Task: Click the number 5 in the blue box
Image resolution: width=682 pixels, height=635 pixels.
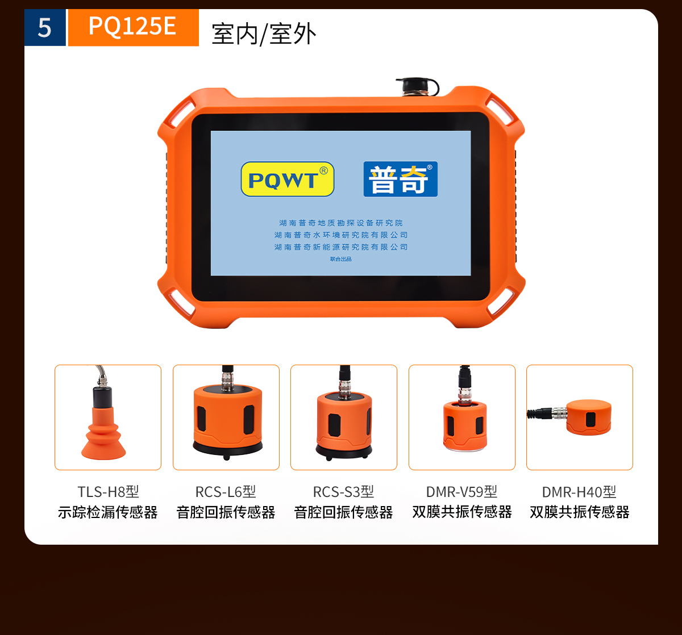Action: (45, 27)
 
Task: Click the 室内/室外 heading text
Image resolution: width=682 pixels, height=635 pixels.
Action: (264, 34)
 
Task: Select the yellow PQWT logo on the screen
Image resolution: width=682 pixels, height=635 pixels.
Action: (288, 179)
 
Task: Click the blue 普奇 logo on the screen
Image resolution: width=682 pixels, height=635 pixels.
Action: (401, 179)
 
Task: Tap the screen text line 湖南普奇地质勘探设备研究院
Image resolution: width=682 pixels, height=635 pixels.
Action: (340, 223)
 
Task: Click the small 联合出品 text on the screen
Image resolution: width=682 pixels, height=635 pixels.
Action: (340, 259)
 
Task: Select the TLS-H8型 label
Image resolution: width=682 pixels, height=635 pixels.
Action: (108, 491)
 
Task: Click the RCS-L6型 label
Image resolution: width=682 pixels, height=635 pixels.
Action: (226, 491)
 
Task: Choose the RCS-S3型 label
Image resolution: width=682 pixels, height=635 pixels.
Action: (343, 491)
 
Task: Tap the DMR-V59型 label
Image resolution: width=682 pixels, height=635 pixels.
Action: (461, 491)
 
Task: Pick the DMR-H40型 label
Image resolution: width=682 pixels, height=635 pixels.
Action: (579, 492)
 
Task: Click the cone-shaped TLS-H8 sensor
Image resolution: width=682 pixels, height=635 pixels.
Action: (103, 422)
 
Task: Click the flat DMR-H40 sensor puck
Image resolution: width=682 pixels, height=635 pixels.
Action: (589, 417)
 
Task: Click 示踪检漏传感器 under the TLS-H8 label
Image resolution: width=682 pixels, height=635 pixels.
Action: (108, 512)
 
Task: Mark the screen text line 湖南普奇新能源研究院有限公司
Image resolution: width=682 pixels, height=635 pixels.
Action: (340, 247)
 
